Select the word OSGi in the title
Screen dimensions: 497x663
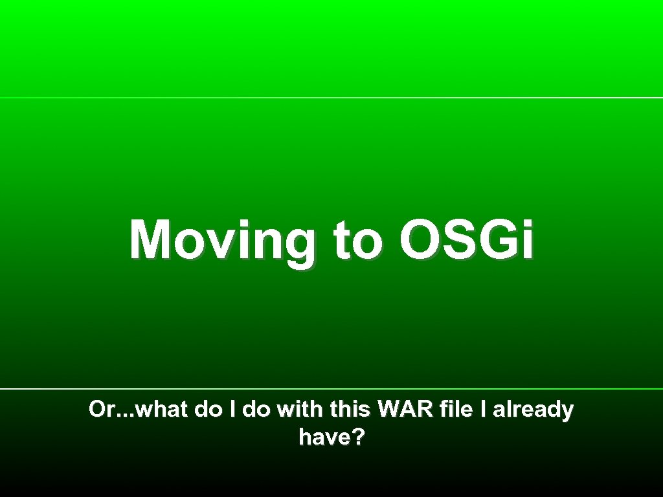pyautogui.click(x=467, y=241)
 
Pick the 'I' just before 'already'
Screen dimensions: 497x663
pyautogui.click(x=482, y=410)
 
